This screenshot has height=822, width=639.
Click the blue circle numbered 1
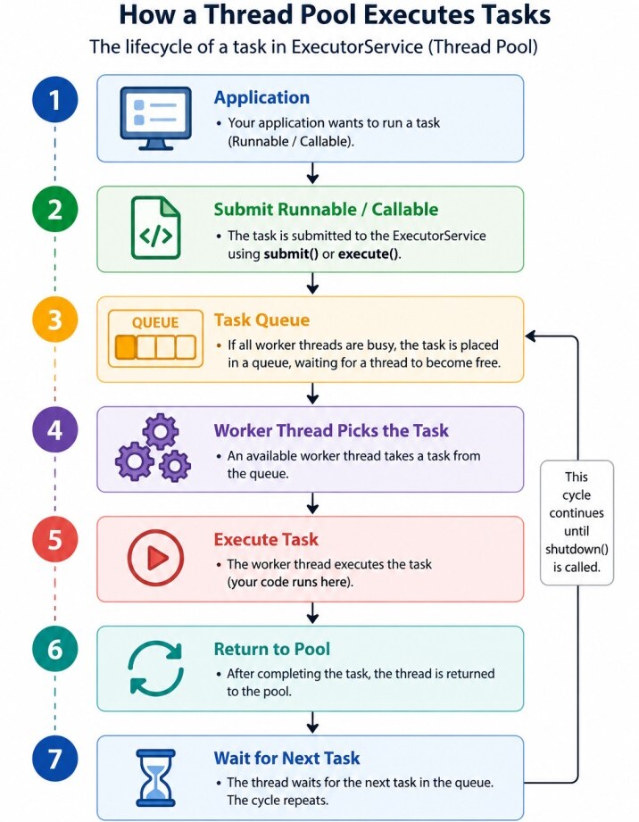(x=55, y=100)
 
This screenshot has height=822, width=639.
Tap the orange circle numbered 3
(x=55, y=320)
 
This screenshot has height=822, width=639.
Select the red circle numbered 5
(x=55, y=539)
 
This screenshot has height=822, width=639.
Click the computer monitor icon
(x=155, y=119)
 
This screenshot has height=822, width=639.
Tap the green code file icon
(x=155, y=228)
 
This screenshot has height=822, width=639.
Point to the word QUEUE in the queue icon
(x=155, y=322)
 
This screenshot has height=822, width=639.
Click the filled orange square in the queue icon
(x=126, y=347)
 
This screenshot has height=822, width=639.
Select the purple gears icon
(x=153, y=447)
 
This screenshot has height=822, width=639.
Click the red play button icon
(x=155, y=558)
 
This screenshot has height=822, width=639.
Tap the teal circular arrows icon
(x=155, y=668)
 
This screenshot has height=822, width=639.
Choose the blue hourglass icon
(x=155, y=778)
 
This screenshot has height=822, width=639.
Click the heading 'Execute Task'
(x=266, y=539)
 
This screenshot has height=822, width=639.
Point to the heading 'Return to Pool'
(x=271, y=649)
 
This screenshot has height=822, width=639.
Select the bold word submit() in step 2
(x=291, y=254)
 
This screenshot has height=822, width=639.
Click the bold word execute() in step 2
(x=369, y=254)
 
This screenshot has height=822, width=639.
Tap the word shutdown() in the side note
(x=577, y=550)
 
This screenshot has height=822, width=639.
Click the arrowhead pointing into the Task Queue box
(x=530, y=336)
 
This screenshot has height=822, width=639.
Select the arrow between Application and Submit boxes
(x=312, y=173)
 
